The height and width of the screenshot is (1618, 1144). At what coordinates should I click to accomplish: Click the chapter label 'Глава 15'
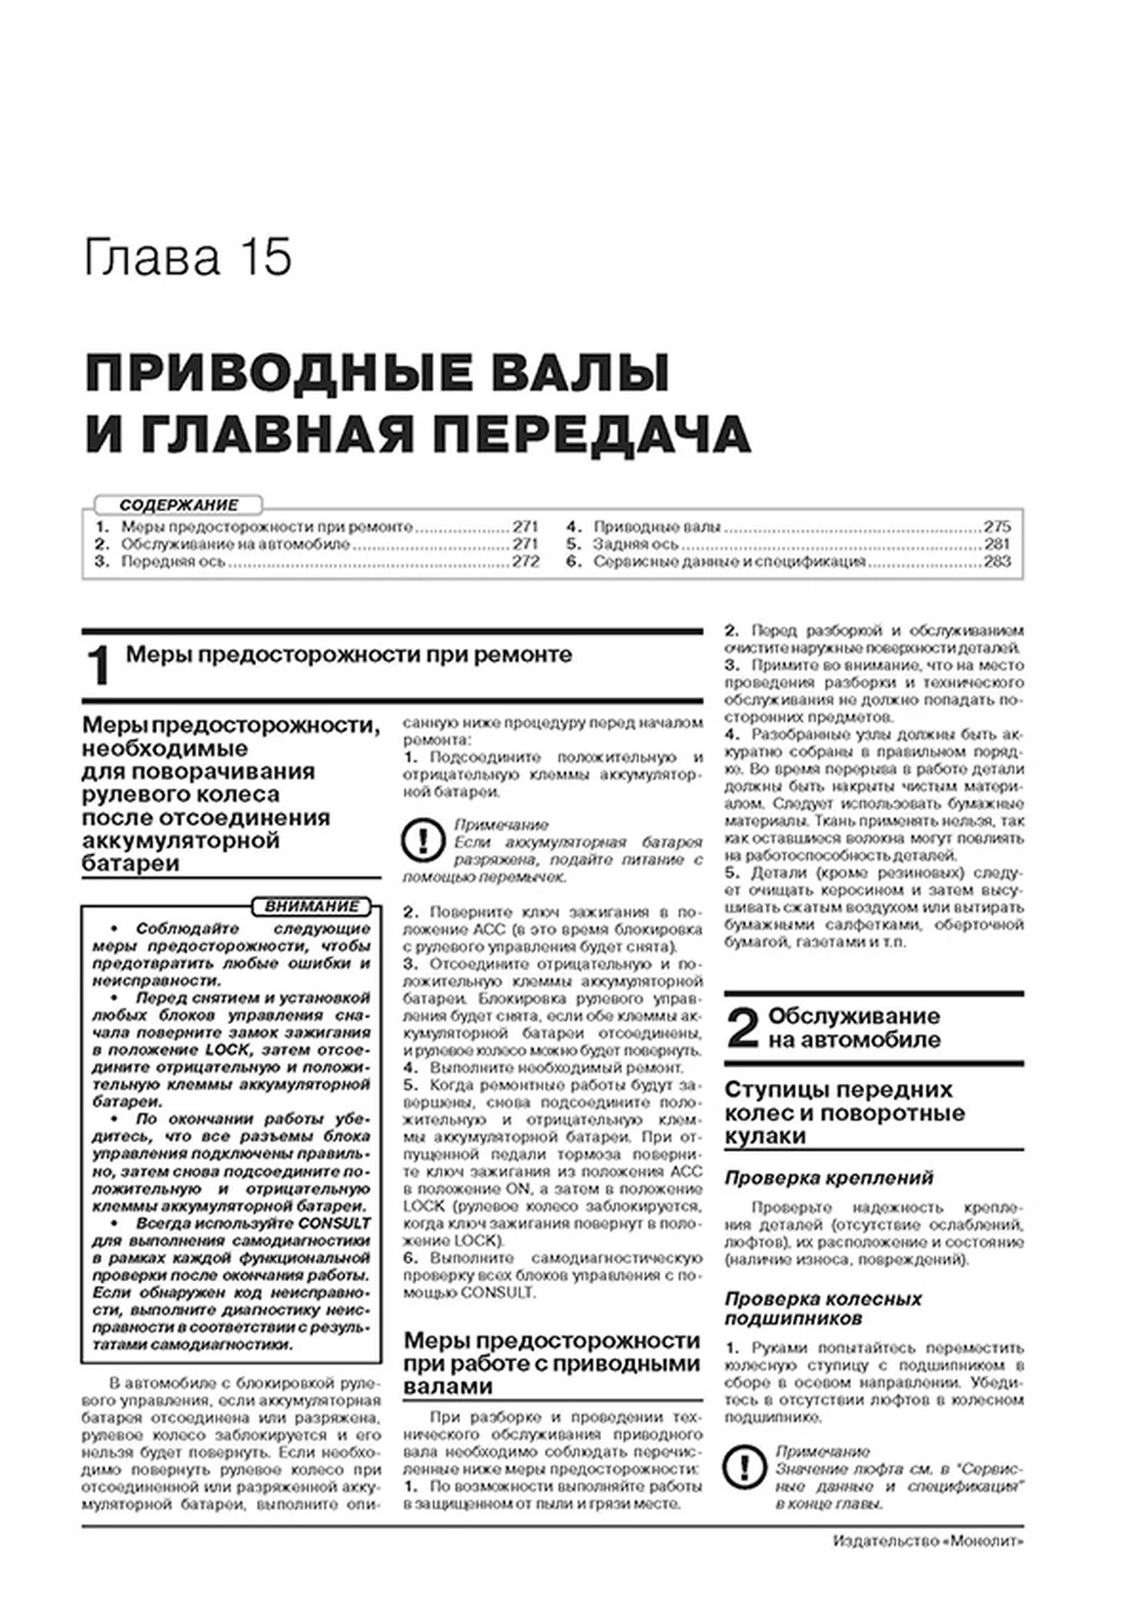[x=187, y=258]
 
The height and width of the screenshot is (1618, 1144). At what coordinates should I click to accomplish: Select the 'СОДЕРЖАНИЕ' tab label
[x=179, y=505]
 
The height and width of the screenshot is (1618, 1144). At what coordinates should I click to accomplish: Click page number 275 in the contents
[x=997, y=527]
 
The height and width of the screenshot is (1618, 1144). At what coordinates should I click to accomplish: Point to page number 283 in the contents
[x=997, y=561]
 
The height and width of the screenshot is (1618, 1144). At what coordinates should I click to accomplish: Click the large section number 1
[x=99, y=665]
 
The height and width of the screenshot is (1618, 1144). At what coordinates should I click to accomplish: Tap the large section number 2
[x=743, y=1028]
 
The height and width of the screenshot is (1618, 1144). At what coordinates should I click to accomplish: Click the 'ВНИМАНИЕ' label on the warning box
[x=312, y=906]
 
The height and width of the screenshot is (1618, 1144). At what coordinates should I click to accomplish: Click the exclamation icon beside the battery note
[x=422, y=841]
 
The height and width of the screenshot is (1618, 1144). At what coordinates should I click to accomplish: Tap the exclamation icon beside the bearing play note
[x=744, y=1468]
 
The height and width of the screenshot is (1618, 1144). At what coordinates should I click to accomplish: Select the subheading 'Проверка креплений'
[x=828, y=1178]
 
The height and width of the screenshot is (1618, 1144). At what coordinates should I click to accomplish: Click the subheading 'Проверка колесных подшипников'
[x=822, y=1308]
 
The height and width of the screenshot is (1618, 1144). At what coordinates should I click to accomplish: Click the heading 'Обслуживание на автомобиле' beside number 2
[x=854, y=1028]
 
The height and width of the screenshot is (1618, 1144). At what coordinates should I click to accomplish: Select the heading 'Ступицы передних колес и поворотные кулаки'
[x=844, y=1113]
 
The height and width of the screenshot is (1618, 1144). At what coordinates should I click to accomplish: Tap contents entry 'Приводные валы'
[x=656, y=527]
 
